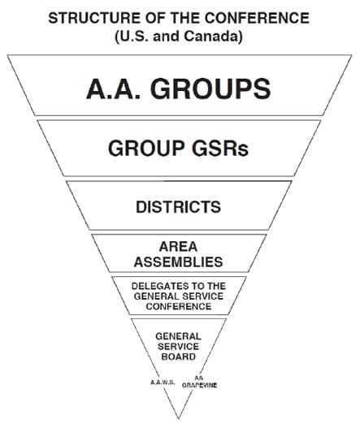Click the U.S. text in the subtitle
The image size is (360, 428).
pyautogui.click(x=132, y=37)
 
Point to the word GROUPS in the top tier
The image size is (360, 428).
pyautogui.click(x=210, y=89)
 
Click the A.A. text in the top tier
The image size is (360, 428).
pyautogui.click(x=114, y=89)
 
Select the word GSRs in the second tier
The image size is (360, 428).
pyautogui.click(x=220, y=149)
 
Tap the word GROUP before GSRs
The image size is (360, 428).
pyautogui.click(x=146, y=149)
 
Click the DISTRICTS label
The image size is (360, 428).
pyautogui.click(x=178, y=206)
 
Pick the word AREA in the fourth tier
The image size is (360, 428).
pyautogui.click(x=178, y=247)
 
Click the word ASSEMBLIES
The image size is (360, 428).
pyautogui.click(x=178, y=262)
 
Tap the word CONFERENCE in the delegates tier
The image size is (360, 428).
pyautogui.click(x=179, y=306)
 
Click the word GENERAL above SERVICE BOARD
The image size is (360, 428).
pyautogui.click(x=178, y=336)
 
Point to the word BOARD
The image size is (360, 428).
pyautogui.click(x=178, y=357)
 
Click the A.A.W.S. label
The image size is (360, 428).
pyautogui.click(x=163, y=383)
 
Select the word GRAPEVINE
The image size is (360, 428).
pyautogui.click(x=199, y=385)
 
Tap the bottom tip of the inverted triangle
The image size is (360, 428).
pyautogui.click(x=179, y=418)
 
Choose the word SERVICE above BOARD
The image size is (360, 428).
pyautogui.click(x=178, y=347)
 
